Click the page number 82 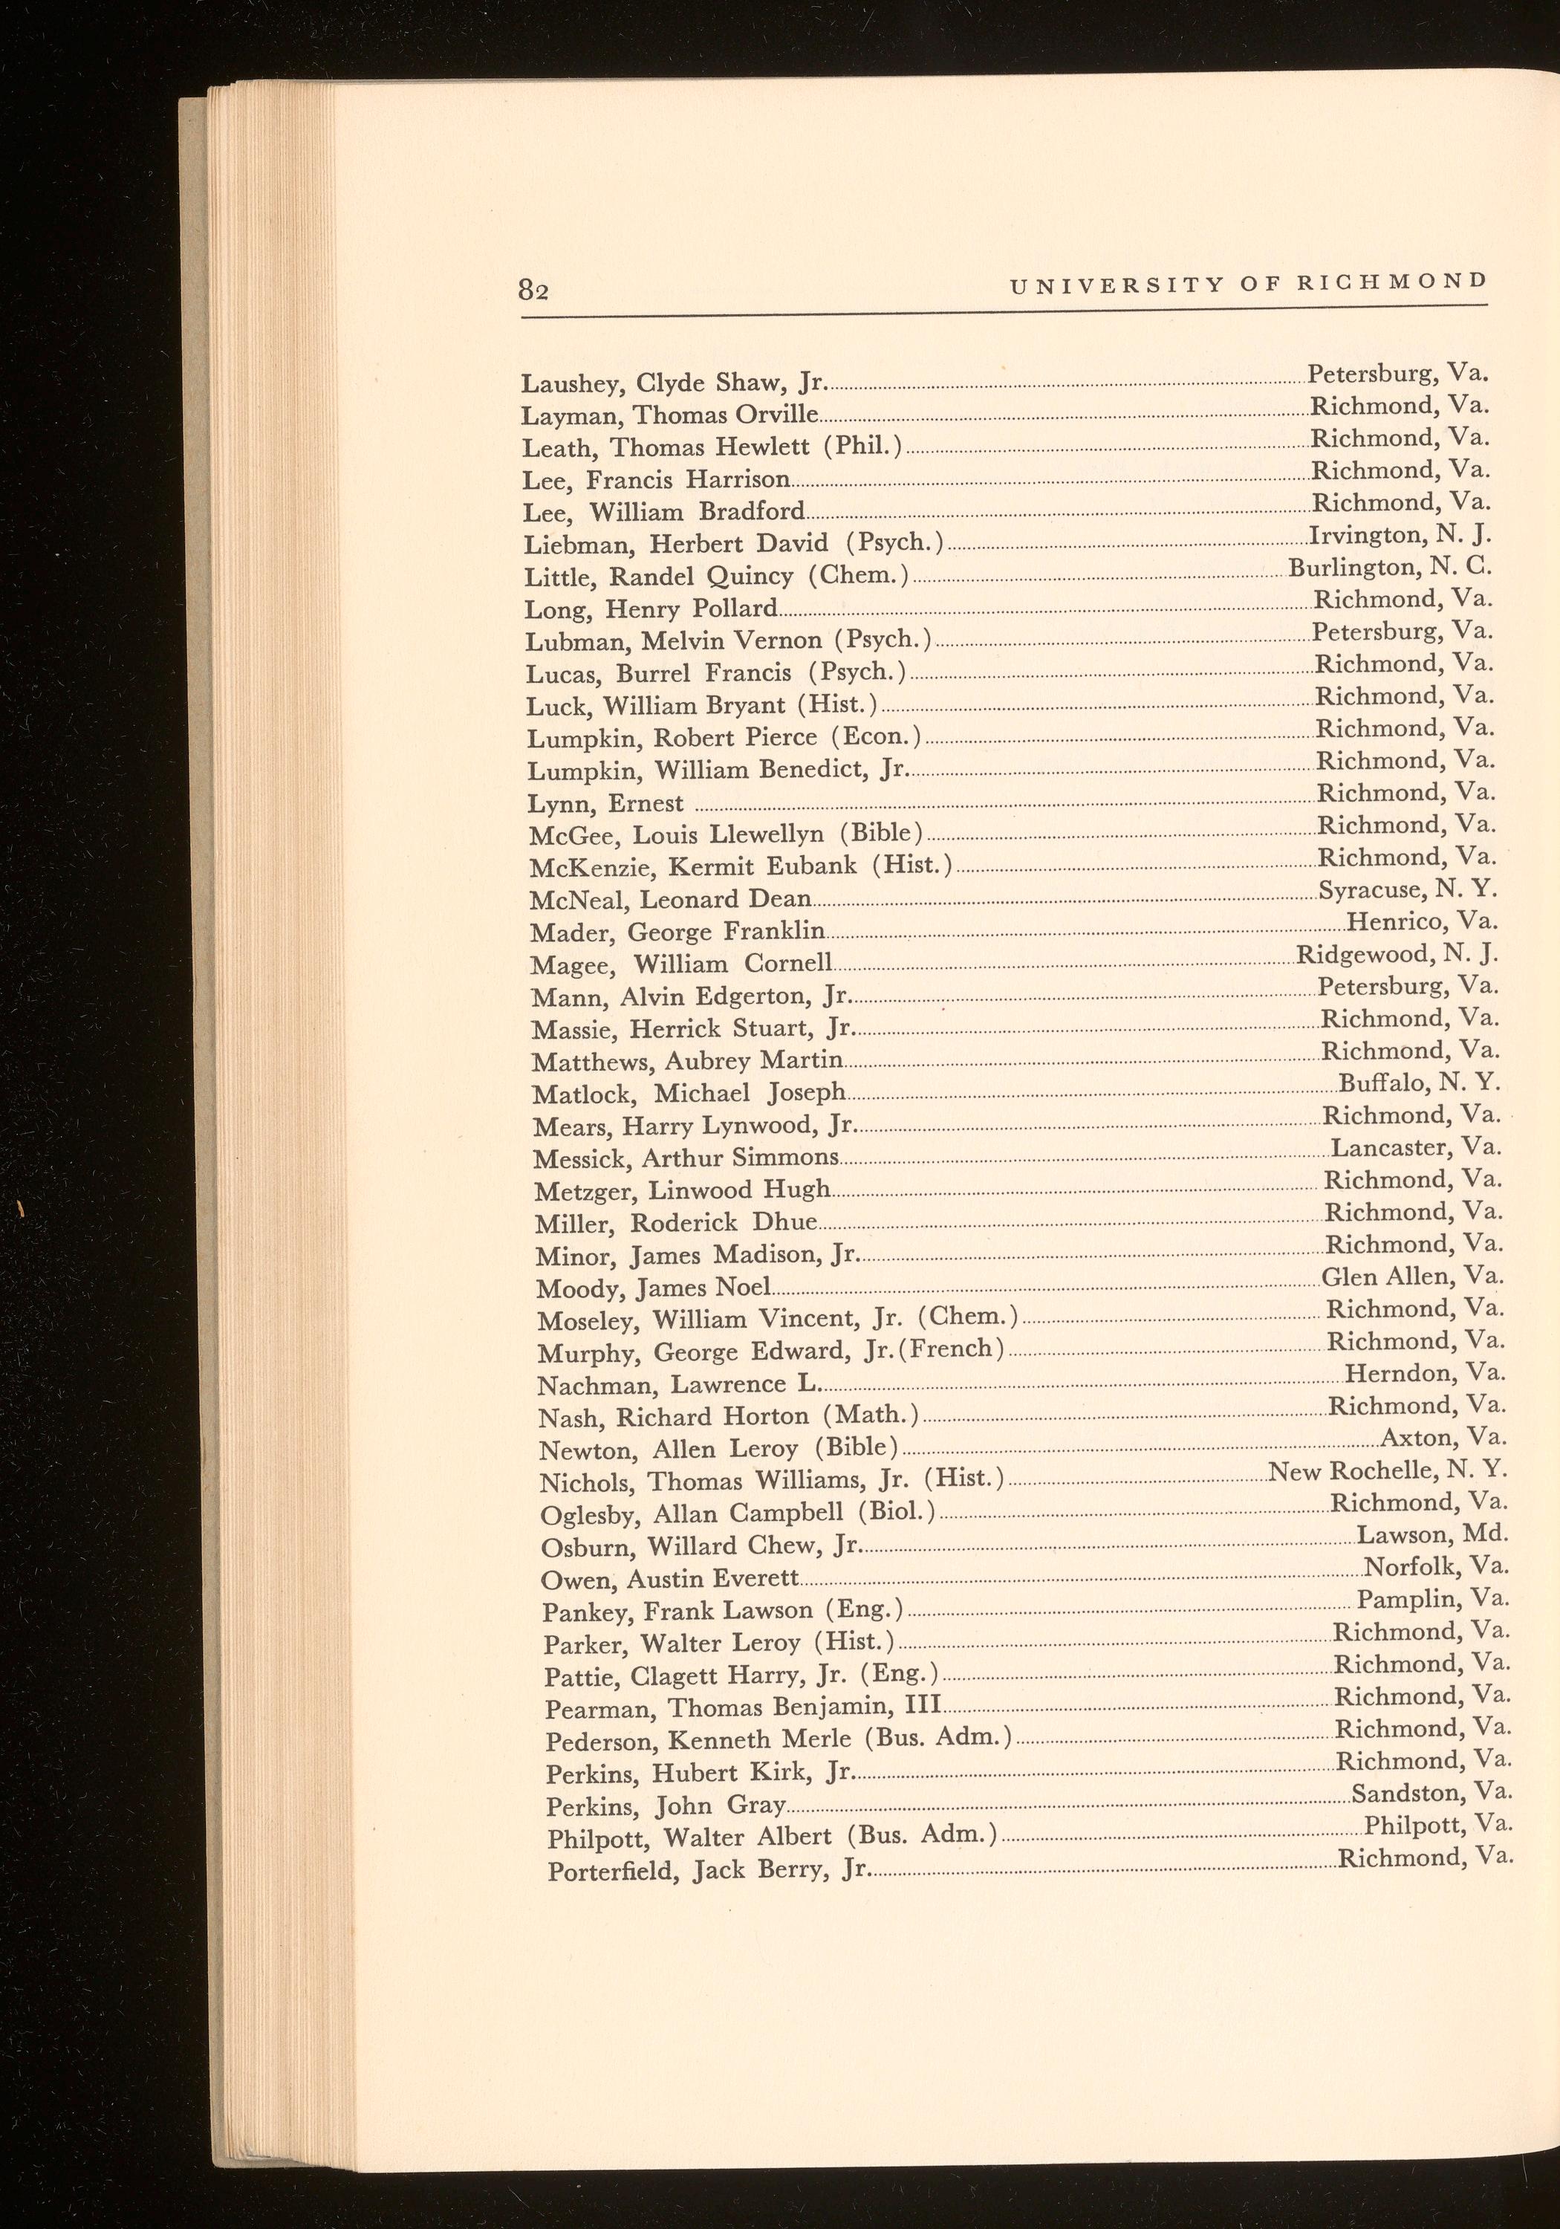pyautogui.click(x=534, y=291)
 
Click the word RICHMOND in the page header pyautogui.click(x=1392, y=282)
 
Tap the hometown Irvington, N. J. pyautogui.click(x=1399, y=536)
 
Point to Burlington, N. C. pyautogui.click(x=1389, y=568)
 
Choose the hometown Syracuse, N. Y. pyautogui.click(x=1408, y=889)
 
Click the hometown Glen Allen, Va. pyautogui.click(x=1412, y=1276)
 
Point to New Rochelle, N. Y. pyautogui.click(x=1387, y=1471)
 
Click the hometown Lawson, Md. pyautogui.click(x=1431, y=1536)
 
